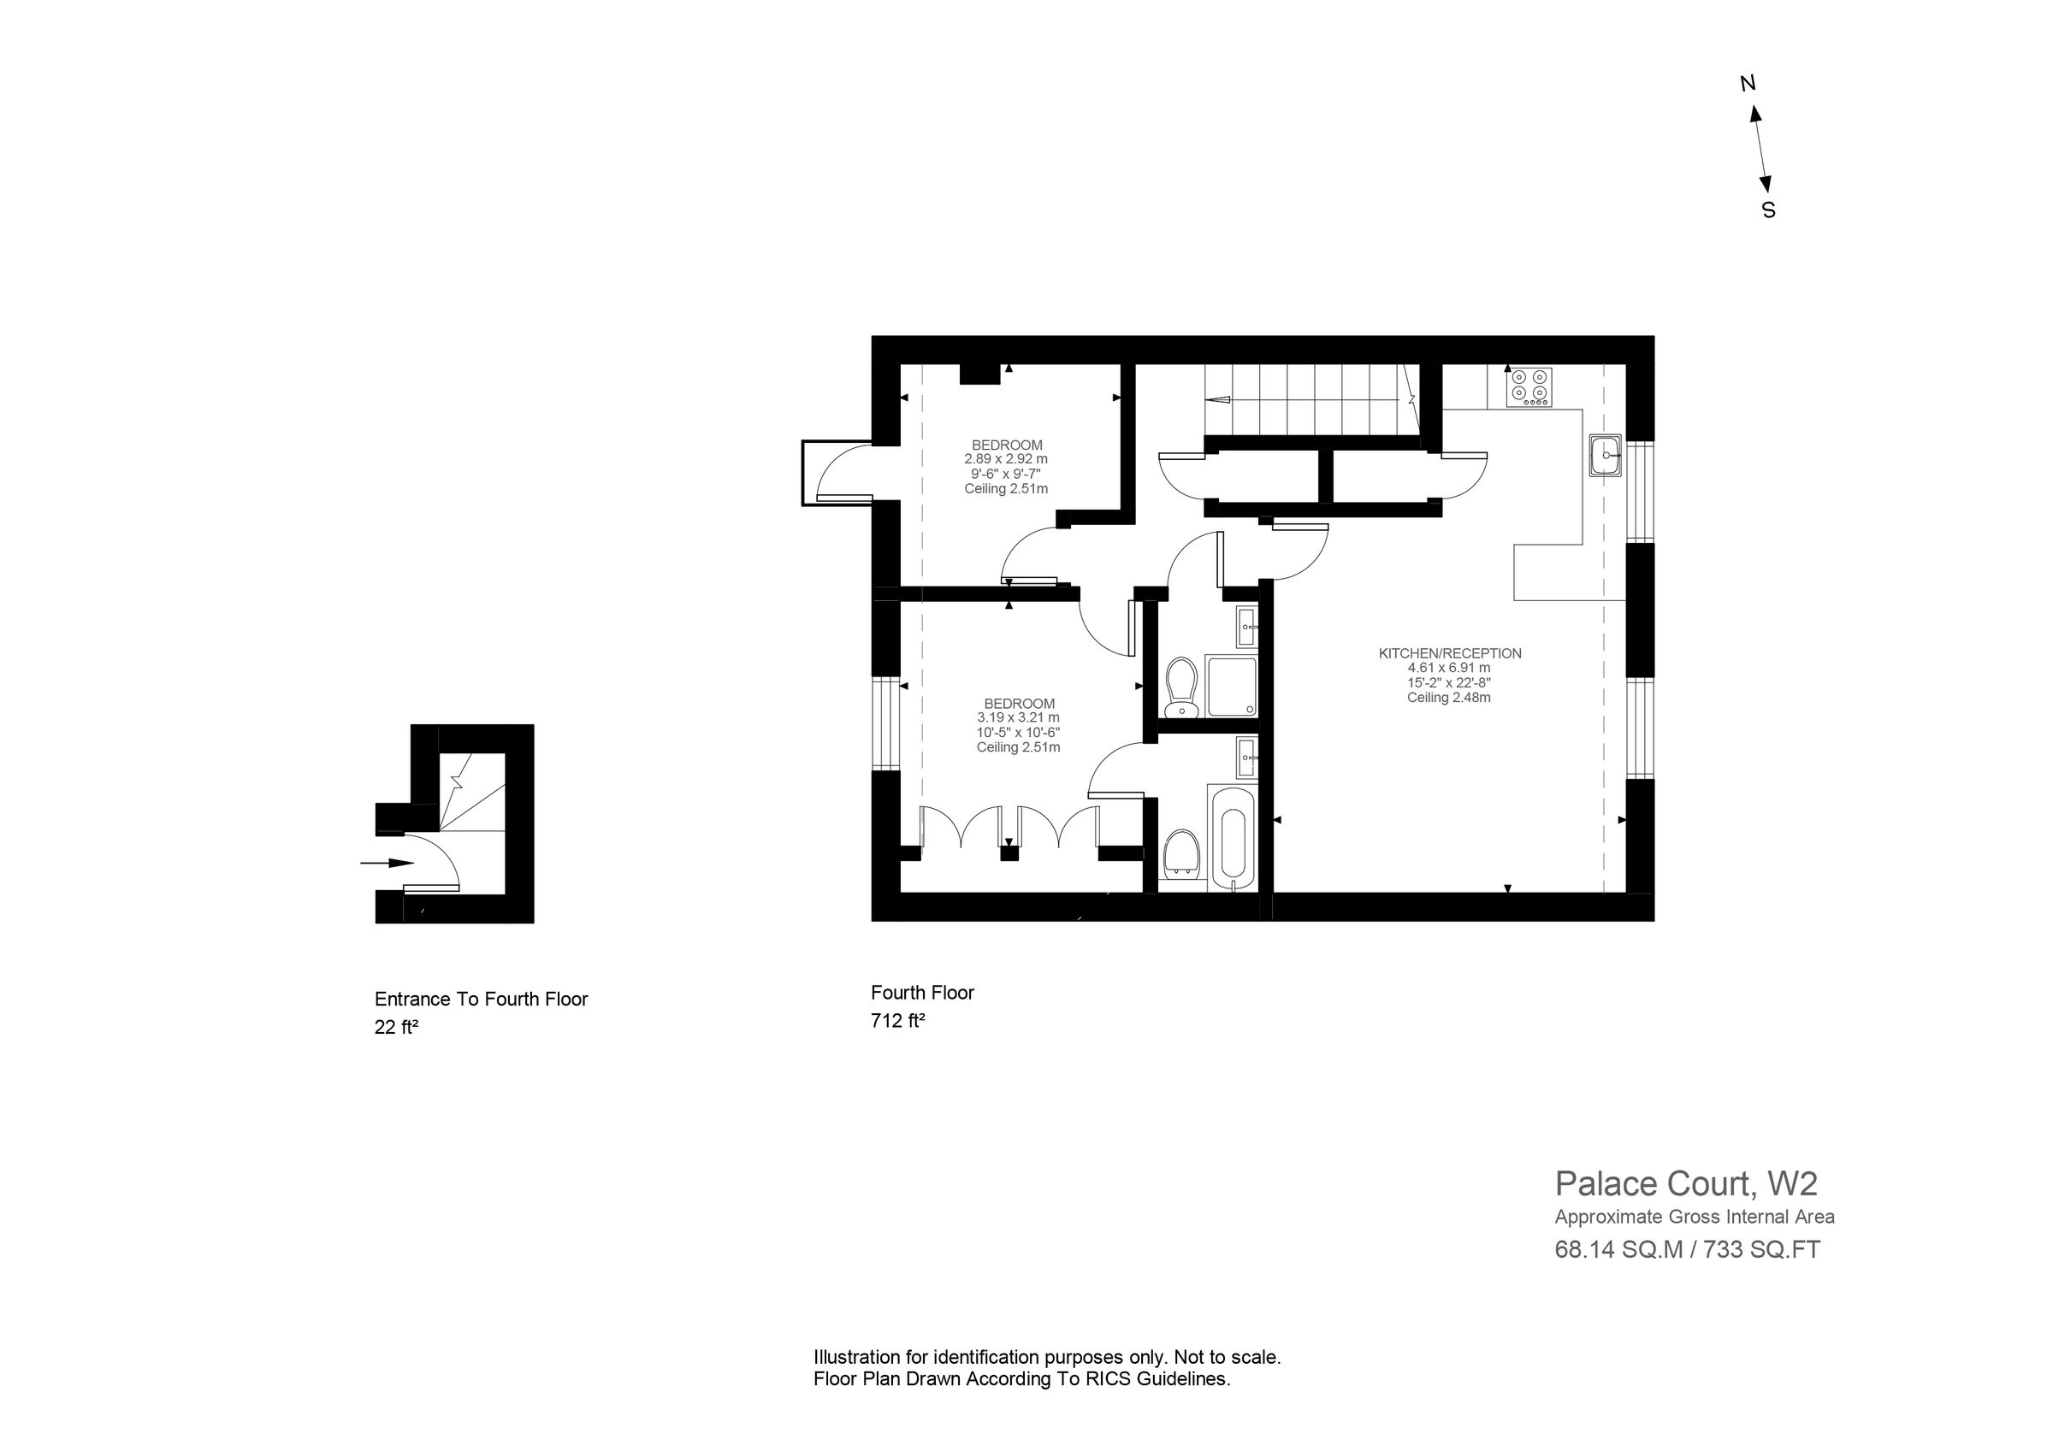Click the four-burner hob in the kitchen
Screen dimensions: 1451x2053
pyautogui.click(x=1528, y=387)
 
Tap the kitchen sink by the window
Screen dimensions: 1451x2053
pyautogui.click(x=1606, y=455)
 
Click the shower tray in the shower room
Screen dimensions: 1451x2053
pyautogui.click(x=1231, y=686)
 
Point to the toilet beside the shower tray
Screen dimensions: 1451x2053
pyautogui.click(x=1182, y=687)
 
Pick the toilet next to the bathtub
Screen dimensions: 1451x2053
pyautogui.click(x=1182, y=856)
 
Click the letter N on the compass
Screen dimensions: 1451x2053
pyautogui.click(x=1748, y=84)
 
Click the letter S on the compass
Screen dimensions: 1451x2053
pyautogui.click(x=1769, y=211)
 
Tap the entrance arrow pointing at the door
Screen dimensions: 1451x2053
pyautogui.click(x=388, y=863)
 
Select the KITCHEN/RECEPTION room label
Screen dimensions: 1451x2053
pyautogui.click(x=1449, y=653)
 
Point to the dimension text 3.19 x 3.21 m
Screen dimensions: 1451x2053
pyautogui.click(x=1019, y=718)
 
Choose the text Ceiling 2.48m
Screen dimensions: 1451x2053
pyautogui.click(x=1448, y=698)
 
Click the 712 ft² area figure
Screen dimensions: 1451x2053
pyautogui.click(x=896, y=1020)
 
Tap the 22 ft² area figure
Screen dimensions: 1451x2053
pyautogui.click(x=396, y=1027)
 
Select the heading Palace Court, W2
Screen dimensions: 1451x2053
pyautogui.click(x=1685, y=1183)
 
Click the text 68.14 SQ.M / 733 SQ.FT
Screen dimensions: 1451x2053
pyautogui.click(x=1687, y=1250)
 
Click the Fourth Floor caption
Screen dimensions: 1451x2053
pyautogui.click(x=922, y=993)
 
